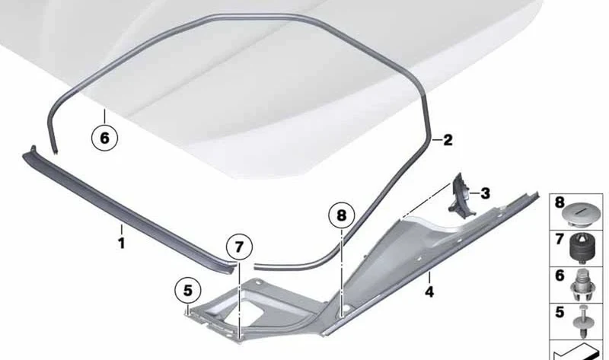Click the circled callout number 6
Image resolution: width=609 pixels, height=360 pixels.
[x=104, y=138]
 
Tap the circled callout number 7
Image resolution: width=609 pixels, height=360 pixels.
[x=239, y=247]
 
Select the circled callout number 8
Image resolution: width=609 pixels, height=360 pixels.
[x=341, y=215]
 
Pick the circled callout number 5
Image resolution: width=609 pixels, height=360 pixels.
[x=188, y=291]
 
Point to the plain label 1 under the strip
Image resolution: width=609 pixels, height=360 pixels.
[x=122, y=244]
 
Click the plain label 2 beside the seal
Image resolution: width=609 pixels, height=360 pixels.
[x=448, y=140]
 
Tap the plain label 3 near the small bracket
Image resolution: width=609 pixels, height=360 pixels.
[x=485, y=193]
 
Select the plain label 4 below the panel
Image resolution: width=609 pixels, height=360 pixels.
[x=429, y=292]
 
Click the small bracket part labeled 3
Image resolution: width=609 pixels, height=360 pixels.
[x=461, y=194]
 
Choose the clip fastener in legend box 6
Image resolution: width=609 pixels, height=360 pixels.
[x=582, y=285]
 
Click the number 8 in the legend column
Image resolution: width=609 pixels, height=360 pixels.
[x=560, y=202]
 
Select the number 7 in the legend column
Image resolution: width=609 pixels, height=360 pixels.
[x=560, y=239]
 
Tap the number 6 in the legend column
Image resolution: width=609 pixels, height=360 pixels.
[x=560, y=276]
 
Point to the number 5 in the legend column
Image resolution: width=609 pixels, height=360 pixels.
[x=560, y=312]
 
